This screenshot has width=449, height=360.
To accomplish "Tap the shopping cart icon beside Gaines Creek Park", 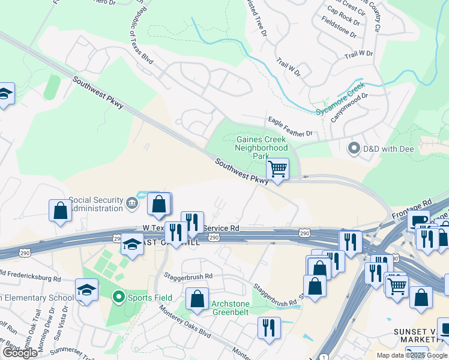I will pos(277,169).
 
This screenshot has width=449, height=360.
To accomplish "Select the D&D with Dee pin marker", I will pos(354,147).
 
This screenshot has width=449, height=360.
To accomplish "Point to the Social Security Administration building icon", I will pos(132,205).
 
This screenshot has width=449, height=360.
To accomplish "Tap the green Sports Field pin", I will pos(119,296).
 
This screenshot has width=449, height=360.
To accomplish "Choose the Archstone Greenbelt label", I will pos(231,308).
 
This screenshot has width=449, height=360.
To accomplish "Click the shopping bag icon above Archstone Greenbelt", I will pos(197,298).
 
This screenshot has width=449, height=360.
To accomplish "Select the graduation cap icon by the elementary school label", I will pos(86,290).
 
